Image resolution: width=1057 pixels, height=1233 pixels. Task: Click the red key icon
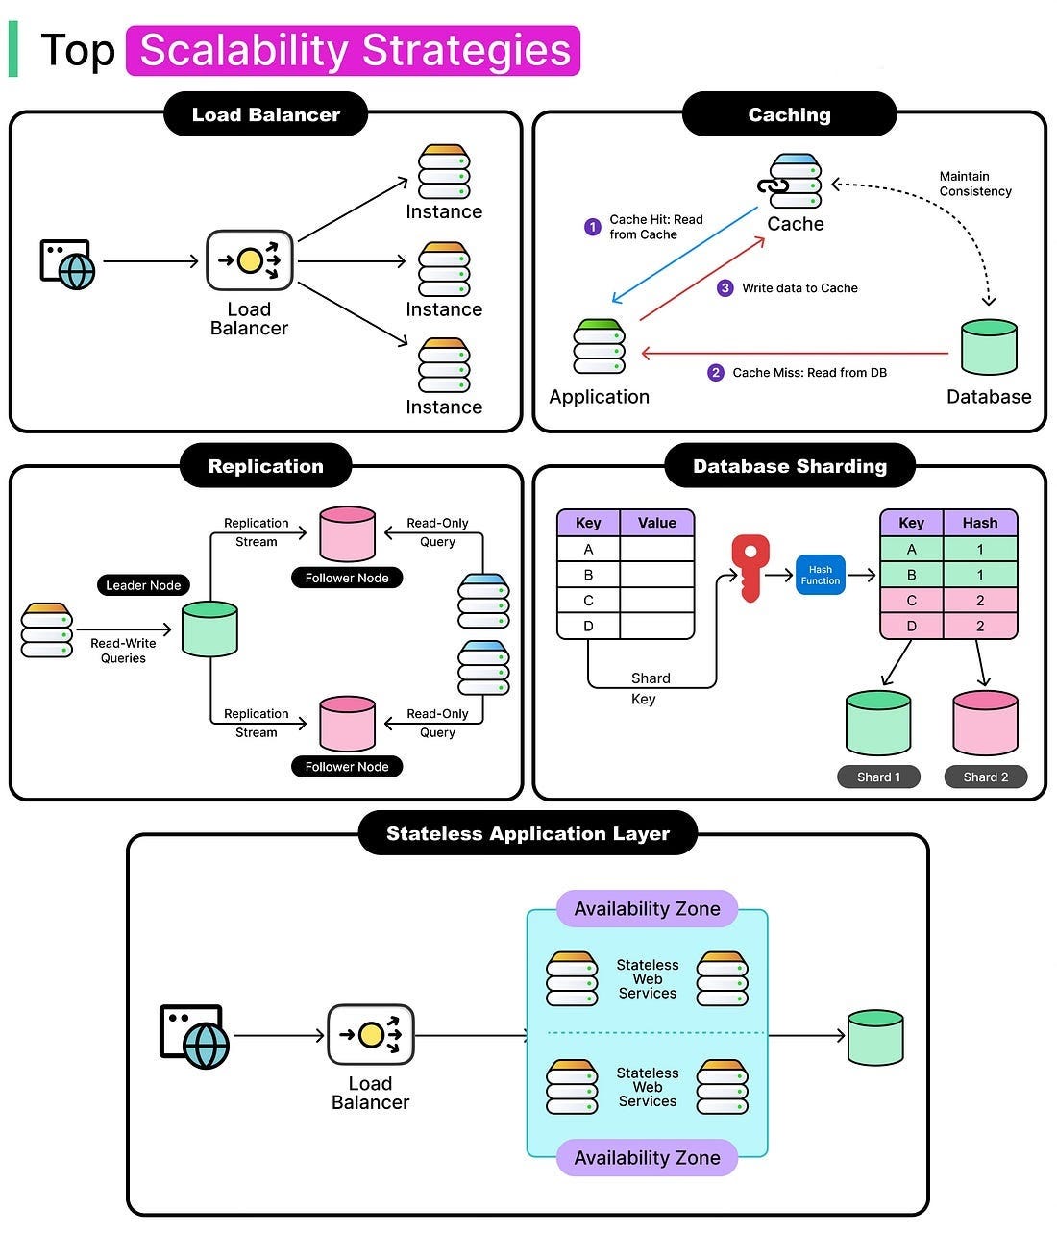tap(750, 567)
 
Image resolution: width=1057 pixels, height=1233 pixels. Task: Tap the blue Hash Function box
tap(821, 575)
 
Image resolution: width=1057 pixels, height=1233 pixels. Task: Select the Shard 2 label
tap(986, 777)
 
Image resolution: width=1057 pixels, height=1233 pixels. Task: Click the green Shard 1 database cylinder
tap(878, 723)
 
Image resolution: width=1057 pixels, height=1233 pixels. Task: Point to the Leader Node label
tap(143, 584)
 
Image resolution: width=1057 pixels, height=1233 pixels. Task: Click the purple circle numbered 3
tap(725, 288)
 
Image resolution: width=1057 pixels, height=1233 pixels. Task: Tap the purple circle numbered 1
tap(592, 227)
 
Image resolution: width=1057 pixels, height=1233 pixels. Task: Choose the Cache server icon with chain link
tap(791, 180)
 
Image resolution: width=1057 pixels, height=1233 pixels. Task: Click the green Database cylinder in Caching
tap(989, 347)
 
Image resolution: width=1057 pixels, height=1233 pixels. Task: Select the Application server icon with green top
tap(599, 346)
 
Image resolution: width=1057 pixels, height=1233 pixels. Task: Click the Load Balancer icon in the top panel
tap(249, 260)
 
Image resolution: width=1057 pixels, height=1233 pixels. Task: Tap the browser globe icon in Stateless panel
tap(194, 1037)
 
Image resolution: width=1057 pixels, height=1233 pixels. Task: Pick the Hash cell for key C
tap(979, 600)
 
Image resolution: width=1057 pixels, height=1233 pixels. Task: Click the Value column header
tap(656, 523)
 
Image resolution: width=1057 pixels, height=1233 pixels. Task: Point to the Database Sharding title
tap(790, 466)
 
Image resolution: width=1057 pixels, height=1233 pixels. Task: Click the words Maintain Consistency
tap(975, 184)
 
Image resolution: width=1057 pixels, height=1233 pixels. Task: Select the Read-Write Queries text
tap(123, 651)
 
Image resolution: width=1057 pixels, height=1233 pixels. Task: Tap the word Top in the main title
tap(78, 50)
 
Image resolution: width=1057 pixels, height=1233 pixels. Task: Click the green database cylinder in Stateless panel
tap(875, 1037)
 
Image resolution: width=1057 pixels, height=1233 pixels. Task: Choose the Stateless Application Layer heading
tap(528, 833)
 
